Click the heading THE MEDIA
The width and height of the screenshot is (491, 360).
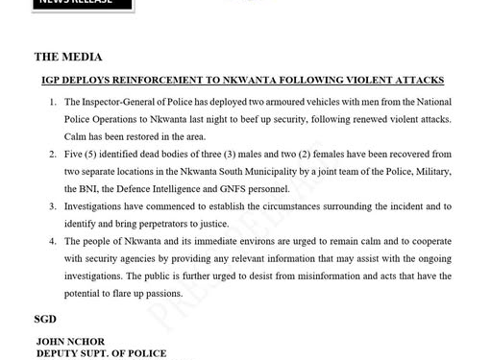68,58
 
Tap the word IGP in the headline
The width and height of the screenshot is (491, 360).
54,80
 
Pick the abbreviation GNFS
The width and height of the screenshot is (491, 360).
246,189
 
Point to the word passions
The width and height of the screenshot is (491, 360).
160,294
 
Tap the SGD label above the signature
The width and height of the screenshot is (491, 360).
46,319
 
